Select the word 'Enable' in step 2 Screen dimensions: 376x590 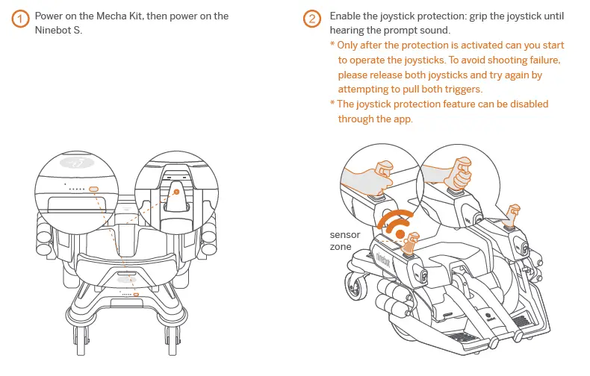point(346,16)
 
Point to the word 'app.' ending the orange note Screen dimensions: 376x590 point(400,119)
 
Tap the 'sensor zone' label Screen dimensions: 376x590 point(345,240)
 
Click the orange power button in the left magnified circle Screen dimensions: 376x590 point(93,189)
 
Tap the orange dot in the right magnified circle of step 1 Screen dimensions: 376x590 point(176,192)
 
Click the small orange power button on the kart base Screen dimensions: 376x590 point(136,295)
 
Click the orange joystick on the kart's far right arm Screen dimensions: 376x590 point(513,213)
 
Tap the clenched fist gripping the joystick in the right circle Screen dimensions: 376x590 point(457,172)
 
